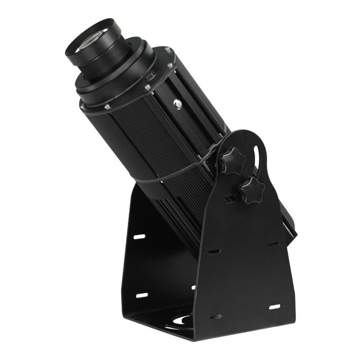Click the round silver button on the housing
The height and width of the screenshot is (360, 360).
pos(178,104)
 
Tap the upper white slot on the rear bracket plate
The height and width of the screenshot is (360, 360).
pos(140,237)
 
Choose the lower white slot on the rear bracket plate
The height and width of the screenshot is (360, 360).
pos(141,295)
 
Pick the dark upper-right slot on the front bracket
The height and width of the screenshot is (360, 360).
pos(273,243)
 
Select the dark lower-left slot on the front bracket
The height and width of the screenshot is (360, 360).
pos(216,316)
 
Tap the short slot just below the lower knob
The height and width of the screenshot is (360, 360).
pos(232,198)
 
